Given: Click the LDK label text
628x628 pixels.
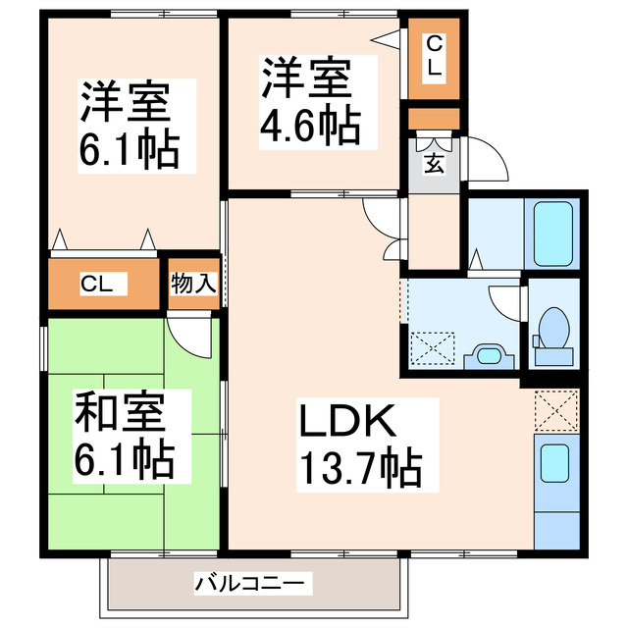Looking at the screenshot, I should (x=346, y=422).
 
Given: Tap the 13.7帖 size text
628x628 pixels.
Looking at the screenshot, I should (x=360, y=469).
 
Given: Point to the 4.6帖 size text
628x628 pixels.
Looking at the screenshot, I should (x=310, y=125).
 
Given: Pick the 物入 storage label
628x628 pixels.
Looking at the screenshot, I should (x=192, y=286).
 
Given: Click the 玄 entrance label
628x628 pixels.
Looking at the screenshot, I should (x=434, y=163).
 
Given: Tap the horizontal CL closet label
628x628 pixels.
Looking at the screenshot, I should (x=96, y=286).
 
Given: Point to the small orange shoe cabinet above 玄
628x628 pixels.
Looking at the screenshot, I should (x=434, y=120).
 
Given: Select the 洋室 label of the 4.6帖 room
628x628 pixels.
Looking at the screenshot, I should (x=304, y=78).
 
